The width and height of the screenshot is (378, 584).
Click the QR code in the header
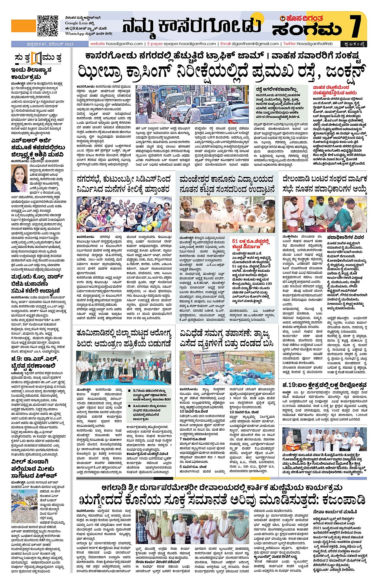tap(48, 26)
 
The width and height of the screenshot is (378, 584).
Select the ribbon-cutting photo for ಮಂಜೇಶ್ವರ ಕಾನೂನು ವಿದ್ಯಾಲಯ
tap(227, 215)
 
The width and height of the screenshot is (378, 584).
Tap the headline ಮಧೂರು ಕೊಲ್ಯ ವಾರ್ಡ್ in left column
tap(35, 284)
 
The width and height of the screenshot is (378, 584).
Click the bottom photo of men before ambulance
tap(192, 526)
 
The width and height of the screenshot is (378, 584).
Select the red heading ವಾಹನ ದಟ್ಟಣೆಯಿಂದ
tap(331, 90)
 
